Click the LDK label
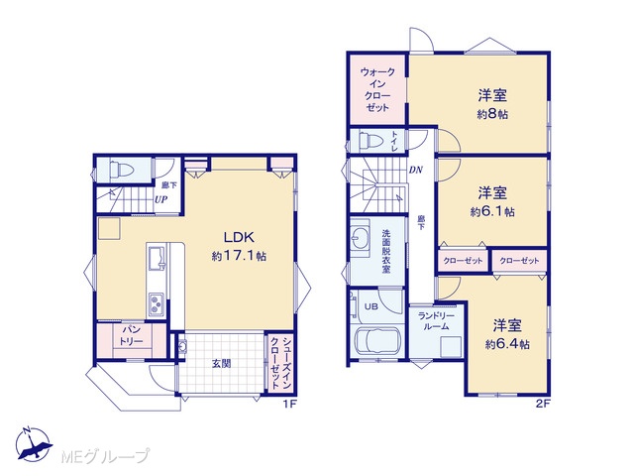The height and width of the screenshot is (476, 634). click(x=239, y=237)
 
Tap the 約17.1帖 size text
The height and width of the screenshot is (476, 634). click(x=239, y=256)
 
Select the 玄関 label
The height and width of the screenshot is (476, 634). click(x=222, y=364)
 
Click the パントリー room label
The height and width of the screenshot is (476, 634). click(x=131, y=335)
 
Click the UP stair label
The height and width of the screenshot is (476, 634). click(x=161, y=199)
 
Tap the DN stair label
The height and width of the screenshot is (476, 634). click(x=416, y=170)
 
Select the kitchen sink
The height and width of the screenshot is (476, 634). click(x=157, y=257)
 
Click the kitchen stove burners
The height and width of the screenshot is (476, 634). click(x=156, y=304)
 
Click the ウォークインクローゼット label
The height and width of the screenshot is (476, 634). click(x=377, y=90)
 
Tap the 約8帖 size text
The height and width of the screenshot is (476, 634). click(x=492, y=115)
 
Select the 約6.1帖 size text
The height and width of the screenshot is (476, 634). click(x=492, y=211)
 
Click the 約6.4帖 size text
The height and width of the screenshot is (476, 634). click(x=507, y=344)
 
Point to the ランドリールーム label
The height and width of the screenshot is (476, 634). click(x=436, y=321)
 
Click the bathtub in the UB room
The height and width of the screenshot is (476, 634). click(x=376, y=342)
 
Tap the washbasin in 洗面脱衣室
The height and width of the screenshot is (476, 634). click(x=360, y=236)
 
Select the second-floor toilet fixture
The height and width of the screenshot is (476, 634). click(x=370, y=141)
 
